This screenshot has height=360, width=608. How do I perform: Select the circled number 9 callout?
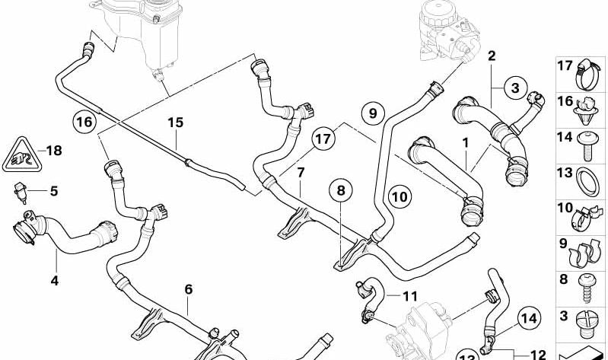[372, 113]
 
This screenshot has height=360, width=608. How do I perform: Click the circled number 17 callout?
[324, 140]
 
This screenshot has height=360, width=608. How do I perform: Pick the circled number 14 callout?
[530, 319]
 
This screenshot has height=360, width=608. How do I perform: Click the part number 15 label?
[176, 123]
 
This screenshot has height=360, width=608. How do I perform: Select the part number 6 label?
[188, 288]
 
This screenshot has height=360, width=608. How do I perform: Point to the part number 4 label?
[54, 282]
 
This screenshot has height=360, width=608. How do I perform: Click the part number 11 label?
[410, 295]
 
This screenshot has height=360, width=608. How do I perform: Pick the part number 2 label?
[492, 56]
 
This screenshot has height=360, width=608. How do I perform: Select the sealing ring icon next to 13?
[588, 183]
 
